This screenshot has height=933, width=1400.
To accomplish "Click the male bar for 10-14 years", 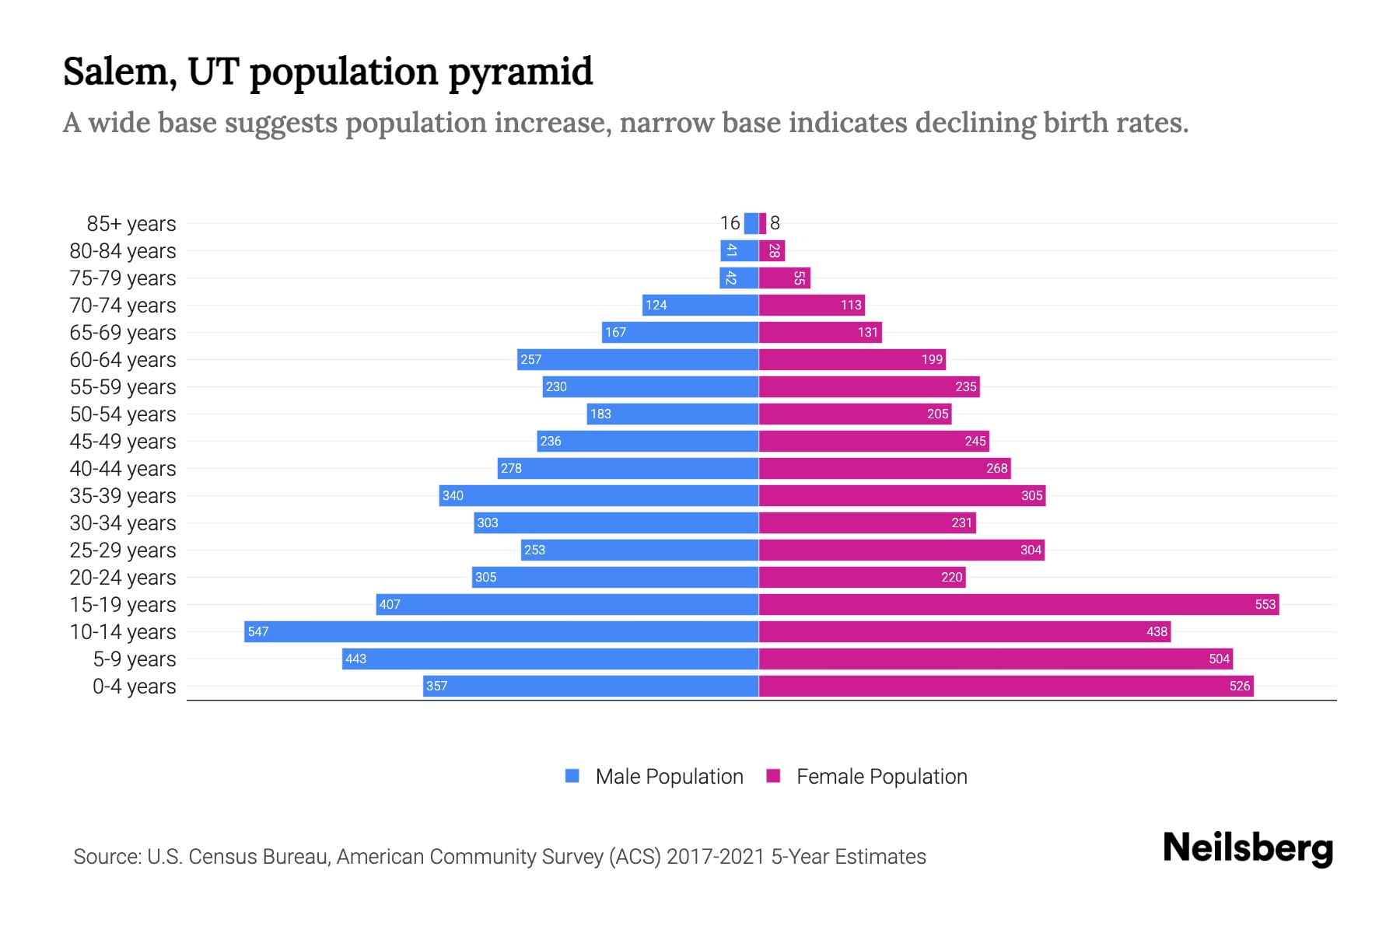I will coord(502,631).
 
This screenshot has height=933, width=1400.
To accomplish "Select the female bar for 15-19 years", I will coord(1019,604).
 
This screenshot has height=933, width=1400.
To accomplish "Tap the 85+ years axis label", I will coord(131,224).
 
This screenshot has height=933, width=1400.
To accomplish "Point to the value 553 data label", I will coord(1265,605).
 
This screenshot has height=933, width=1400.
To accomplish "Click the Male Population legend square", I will coord(572,776).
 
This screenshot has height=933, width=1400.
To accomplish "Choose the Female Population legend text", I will coord(881,777).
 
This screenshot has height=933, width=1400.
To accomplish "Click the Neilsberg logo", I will coord(1248,848).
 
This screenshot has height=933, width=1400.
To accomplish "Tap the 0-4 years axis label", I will coord(134,687).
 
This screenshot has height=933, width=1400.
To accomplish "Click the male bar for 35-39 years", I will coord(599,495).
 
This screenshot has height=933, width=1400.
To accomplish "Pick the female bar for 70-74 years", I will coord(811,305).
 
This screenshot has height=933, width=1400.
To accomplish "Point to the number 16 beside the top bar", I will coord(730,223).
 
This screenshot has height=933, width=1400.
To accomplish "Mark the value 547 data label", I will coord(257,632).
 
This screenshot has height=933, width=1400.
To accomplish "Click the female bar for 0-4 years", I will coord(1006,686).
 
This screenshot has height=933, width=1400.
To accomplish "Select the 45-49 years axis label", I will coord(123,442).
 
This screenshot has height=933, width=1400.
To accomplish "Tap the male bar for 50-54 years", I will coord(673,414).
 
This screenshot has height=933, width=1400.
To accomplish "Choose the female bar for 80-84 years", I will coord(772,250).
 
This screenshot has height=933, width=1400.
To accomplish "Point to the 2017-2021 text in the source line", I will coord(715,857).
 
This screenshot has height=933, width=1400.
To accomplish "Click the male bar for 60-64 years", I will coord(638,359).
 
